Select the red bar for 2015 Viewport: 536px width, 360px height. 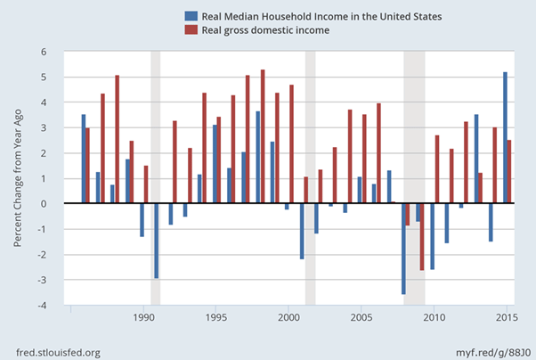tap(509, 172)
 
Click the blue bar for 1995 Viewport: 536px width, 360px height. tap(215, 164)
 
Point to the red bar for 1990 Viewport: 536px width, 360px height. tap(146, 184)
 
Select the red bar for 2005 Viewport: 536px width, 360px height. tap(364, 159)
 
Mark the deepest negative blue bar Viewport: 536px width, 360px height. tap(403, 249)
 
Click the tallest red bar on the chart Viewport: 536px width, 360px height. tap(263, 136)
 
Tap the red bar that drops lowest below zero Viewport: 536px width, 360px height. tap(422, 236)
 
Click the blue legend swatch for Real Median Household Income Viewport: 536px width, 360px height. tap(190, 16)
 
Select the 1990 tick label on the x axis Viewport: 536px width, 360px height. tap(142, 317)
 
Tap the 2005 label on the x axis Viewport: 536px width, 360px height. tap(361, 317)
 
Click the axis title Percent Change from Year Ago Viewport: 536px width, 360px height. tap(18, 177)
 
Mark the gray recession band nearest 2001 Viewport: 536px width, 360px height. tap(311, 178)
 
